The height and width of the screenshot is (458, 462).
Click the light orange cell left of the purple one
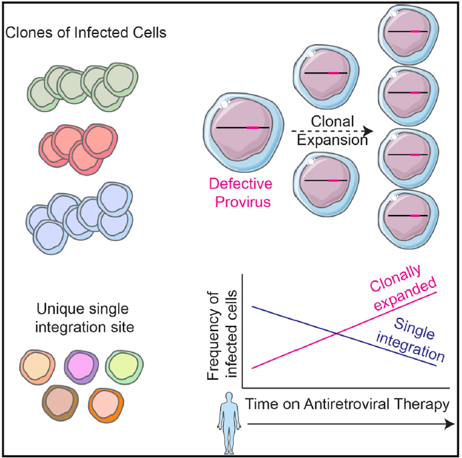pyautogui.click(x=37, y=368)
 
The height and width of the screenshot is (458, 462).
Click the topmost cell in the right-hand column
pyautogui.click(x=409, y=33)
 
